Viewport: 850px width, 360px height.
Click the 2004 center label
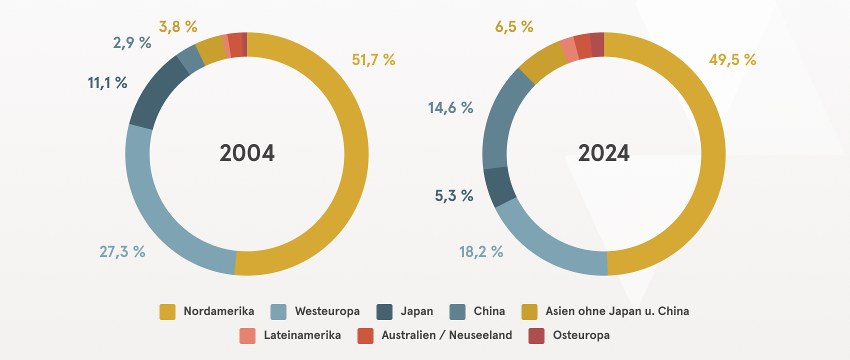coord(247,153)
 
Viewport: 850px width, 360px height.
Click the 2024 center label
coord(603,153)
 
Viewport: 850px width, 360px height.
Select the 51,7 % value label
coord(373,60)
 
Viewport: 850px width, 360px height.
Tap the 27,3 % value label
coord(122,251)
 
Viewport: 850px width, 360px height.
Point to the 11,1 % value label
coord(107,82)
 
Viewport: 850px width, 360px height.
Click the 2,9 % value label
coord(132,43)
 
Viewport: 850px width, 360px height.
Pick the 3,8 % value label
coord(178,26)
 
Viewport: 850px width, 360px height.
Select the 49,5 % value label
coord(732,60)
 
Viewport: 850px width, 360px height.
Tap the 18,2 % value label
coord(481,251)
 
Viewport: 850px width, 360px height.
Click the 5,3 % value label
coord(454,195)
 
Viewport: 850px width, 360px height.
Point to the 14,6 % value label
coord(450,107)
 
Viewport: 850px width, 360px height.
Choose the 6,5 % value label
coord(514,26)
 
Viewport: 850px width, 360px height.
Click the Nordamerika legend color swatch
coord(167,311)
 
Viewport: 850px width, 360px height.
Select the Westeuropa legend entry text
coord(327,311)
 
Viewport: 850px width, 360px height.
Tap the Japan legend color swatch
coord(384,311)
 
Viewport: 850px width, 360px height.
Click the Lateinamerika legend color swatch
coord(247,335)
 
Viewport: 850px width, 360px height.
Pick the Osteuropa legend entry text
coord(581,335)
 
